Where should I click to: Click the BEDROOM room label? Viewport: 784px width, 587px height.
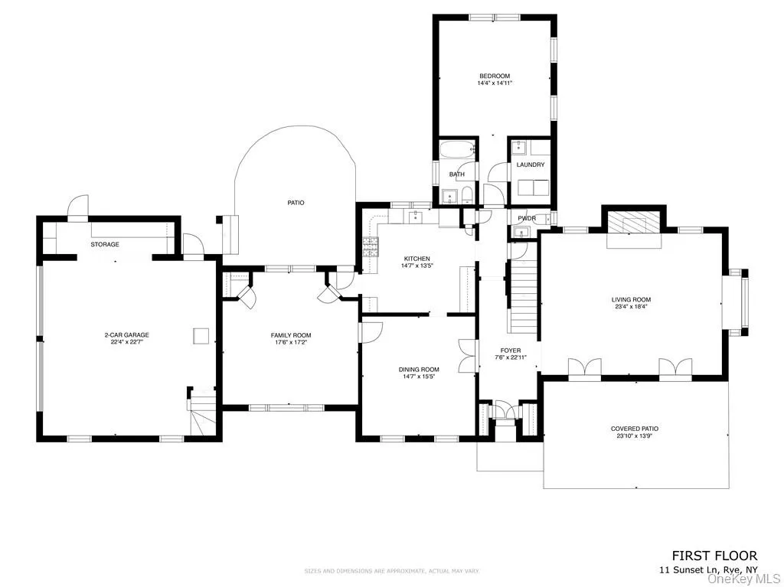[495, 76]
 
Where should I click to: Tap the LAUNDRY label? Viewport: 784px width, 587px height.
[531, 165]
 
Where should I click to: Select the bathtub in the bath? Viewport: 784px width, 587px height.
[457, 151]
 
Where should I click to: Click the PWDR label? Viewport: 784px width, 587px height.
[526, 219]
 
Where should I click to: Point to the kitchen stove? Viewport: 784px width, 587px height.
[371, 248]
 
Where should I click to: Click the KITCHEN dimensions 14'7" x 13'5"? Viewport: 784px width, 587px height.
[417, 266]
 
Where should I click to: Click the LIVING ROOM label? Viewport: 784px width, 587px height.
[631, 299]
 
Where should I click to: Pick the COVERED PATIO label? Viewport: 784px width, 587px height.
[635, 429]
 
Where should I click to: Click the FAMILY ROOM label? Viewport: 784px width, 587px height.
[291, 335]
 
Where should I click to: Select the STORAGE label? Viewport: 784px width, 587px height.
[105, 244]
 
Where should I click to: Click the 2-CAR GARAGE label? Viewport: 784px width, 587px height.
[126, 334]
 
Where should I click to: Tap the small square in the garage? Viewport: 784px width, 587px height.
[201, 335]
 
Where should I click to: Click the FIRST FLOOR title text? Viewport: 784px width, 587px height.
[714, 556]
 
